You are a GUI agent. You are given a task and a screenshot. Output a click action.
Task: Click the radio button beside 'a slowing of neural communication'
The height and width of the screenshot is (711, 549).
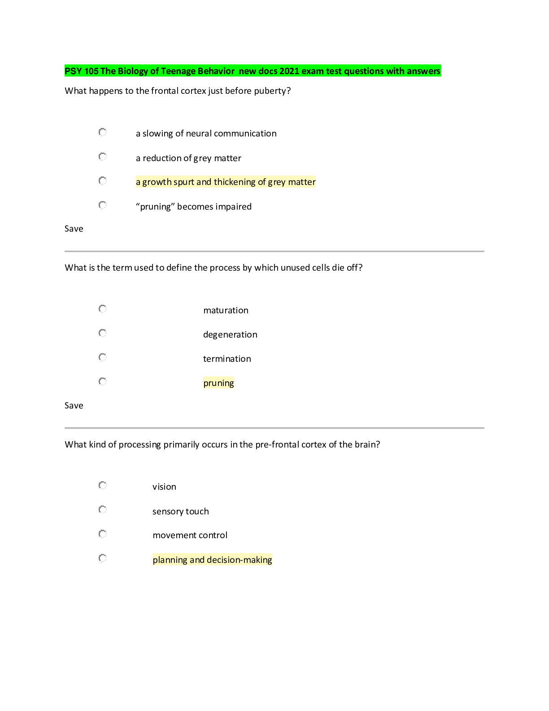pos(103,132)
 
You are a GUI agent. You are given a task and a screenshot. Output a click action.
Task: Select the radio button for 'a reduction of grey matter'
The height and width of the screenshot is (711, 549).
pos(103,157)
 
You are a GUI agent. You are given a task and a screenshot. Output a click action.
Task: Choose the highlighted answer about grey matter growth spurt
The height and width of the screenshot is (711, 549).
pos(226,182)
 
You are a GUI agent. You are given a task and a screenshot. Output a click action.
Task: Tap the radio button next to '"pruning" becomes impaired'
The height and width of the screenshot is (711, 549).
pos(103,205)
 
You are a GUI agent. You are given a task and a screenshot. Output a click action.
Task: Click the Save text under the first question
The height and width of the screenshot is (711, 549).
pos(74,229)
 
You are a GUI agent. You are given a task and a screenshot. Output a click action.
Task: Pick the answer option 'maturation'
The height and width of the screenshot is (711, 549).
pos(226,310)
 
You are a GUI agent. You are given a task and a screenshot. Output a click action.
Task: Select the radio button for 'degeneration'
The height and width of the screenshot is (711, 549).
pos(103,333)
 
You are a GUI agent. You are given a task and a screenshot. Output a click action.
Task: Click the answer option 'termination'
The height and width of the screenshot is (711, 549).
pos(227,359)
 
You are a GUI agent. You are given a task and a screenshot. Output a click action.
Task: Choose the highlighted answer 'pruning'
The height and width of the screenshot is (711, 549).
pos(218,383)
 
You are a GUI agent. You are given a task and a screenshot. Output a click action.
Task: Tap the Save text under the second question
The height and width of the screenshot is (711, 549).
pos(74,406)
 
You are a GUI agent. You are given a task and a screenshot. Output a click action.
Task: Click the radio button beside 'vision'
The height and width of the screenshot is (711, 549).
pos(103,485)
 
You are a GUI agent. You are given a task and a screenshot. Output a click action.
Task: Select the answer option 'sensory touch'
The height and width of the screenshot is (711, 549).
pos(180,511)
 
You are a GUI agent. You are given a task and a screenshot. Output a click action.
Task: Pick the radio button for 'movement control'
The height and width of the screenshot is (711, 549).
pos(103,534)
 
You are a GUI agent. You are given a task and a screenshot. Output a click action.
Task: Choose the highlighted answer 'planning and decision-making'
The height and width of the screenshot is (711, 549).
pos(212,560)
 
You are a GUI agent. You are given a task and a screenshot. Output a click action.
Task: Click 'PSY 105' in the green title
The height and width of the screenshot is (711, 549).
pos(81,71)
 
